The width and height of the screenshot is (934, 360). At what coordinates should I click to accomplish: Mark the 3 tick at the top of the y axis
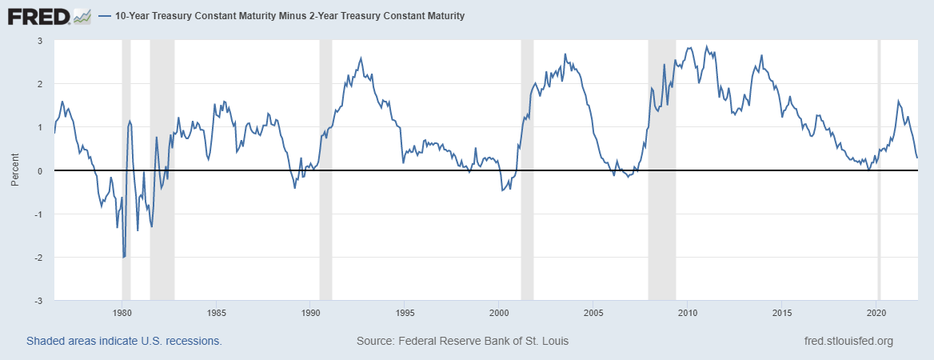coord(39,41)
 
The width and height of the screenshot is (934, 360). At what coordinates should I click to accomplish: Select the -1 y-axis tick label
coord(37,214)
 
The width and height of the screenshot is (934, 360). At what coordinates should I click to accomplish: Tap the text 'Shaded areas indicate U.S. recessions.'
coord(124,341)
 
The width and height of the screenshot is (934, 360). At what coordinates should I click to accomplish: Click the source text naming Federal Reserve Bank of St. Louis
coord(462,341)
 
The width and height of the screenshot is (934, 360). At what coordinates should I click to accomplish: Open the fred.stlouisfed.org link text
coord(848,341)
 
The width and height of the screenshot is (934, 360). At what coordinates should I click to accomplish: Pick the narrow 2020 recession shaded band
coord(880,240)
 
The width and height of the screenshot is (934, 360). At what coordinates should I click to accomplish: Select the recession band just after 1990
coord(325,240)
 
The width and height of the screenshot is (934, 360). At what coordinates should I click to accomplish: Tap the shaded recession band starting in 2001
coord(527,240)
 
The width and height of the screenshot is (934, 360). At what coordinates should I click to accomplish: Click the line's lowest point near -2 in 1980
coord(124,257)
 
